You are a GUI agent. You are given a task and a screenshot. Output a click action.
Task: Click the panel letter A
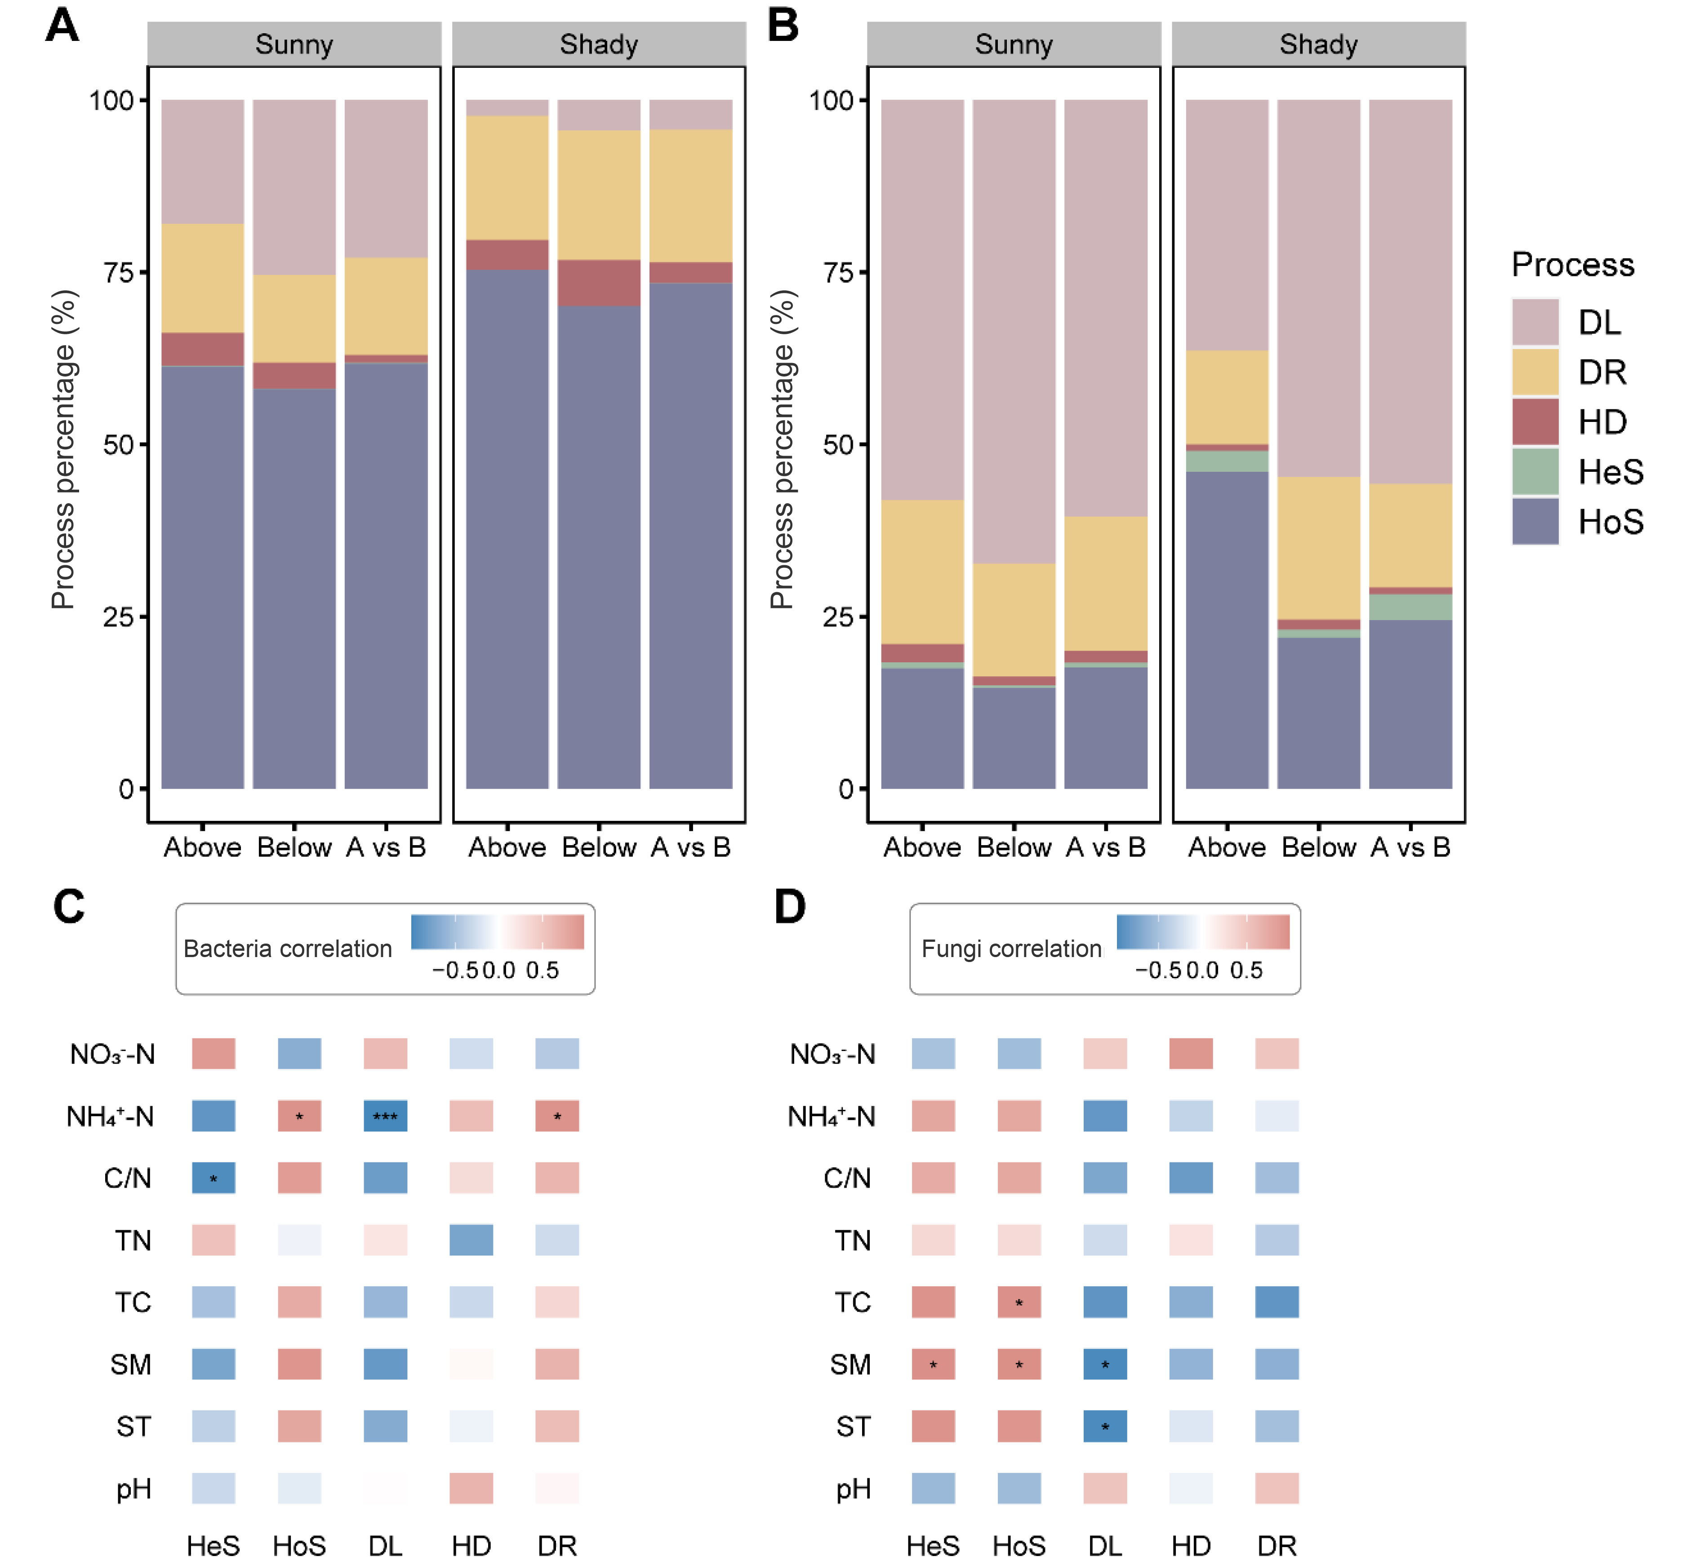tap(62, 26)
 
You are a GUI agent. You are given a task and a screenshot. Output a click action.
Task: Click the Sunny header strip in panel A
tap(294, 44)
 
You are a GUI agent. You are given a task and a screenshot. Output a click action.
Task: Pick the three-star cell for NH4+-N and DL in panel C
tap(385, 1116)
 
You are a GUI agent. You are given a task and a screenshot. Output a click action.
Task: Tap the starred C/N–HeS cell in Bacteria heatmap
tap(213, 1178)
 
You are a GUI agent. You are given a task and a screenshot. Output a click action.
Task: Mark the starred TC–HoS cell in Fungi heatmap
tap(1019, 1302)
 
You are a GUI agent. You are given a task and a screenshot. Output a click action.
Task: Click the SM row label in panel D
tap(850, 1364)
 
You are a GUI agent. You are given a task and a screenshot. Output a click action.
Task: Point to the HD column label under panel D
tap(1191, 1546)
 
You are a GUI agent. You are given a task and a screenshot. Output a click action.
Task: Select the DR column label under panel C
tap(557, 1546)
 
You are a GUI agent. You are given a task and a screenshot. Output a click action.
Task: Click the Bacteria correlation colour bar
tap(497, 931)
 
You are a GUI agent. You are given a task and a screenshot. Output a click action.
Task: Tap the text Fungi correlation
tap(1011, 949)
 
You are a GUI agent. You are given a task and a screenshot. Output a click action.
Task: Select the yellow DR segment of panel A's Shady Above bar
tap(507, 178)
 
